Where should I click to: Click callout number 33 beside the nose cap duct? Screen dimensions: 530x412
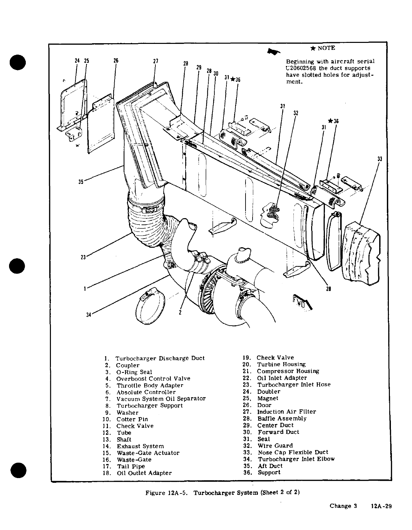point(380,159)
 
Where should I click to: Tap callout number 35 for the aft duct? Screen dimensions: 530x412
point(81,182)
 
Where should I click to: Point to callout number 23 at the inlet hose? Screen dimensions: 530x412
point(83,257)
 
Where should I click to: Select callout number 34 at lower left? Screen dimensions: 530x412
point(88,315)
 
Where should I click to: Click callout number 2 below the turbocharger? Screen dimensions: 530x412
point(180,313)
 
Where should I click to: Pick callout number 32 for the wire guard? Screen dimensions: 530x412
point(296,113)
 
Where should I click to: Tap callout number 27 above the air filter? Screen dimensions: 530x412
point(155,62)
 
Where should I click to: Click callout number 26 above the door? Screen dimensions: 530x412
point(116,61)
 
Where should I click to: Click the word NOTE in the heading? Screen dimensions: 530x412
point(326,48)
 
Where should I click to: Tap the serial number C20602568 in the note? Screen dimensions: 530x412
point(301,68)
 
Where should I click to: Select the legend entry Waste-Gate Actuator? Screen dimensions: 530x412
point(148,453)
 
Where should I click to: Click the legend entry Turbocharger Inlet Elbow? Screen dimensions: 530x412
point(296,459)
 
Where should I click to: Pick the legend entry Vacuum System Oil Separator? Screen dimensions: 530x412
point(161,399)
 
